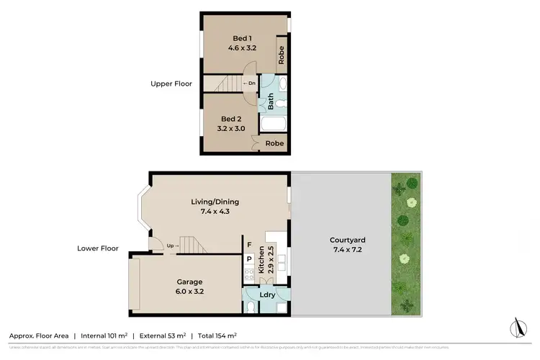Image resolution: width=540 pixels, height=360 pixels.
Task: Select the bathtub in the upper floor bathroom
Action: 274,125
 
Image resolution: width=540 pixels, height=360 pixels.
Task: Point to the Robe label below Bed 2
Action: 274,143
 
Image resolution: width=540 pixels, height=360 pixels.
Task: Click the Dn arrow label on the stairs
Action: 248,84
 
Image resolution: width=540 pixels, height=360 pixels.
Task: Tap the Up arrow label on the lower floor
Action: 173,246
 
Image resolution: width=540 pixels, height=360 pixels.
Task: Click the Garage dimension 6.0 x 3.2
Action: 190,292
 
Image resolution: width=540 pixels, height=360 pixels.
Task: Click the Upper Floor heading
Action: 171,84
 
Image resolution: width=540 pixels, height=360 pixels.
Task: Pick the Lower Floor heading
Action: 98,248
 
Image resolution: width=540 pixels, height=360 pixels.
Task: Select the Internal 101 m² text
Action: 104,336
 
